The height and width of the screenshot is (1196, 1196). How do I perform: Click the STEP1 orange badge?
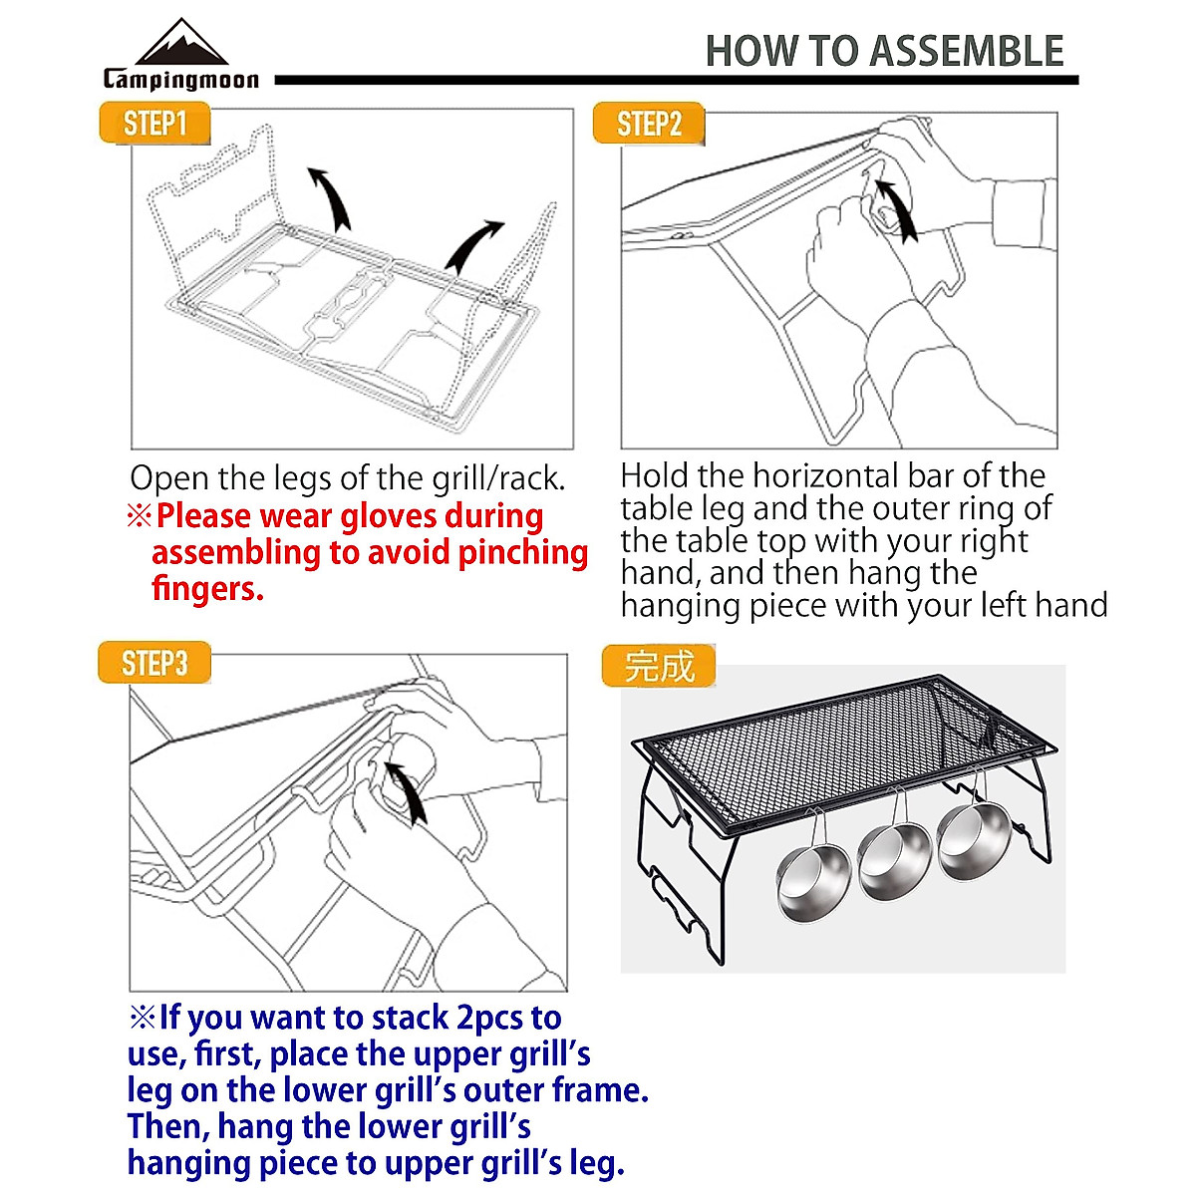[x=154, y=124]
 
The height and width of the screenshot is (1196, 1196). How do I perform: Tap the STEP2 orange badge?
[x=649, y=125]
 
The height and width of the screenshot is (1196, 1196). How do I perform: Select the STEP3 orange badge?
[x=154, y=664]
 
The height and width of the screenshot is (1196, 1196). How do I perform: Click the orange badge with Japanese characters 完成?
[x=659, y=666]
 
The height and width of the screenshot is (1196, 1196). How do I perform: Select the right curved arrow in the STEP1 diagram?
[x=472, y=244]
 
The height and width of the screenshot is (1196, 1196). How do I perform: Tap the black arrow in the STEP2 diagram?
[x=895, y=208]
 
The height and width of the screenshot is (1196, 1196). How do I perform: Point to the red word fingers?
[x=207, y=588]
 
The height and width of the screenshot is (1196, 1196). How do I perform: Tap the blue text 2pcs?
[x=490, y=1018]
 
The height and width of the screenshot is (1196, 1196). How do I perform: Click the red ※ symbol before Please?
[x=139, y=516]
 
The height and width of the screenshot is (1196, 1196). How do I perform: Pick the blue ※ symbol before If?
[x=143, y=1018]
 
